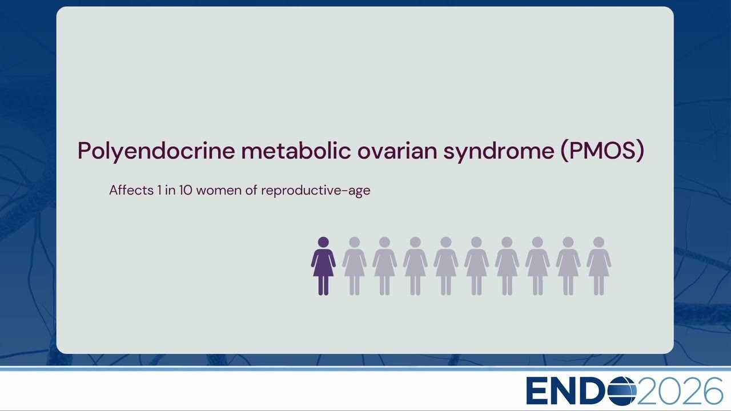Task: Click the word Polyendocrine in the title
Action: click(x=156, y=151)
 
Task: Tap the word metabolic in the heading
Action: click(x=296, y=150)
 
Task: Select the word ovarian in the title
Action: click(x=397, y=151)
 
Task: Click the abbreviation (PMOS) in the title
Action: click(x=603, y=151)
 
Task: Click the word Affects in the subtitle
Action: click(x=131, y=190)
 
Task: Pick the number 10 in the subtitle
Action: click(x=186, y=190)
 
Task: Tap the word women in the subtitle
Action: click(x=219, y=191)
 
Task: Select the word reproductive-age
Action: click(x=316, y=191)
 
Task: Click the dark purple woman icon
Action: click(x=323, y=266)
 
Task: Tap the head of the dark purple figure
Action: click(x=323, y=243)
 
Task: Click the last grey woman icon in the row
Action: click(x=599, y=266)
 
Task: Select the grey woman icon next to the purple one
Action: click(x=355, y=266)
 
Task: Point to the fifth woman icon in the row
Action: click(x=446, y=266)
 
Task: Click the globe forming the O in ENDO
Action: click(x=622, y=391)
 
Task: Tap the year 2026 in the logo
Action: click(x=680, y=391)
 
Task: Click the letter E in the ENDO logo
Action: click(x=536, y=391)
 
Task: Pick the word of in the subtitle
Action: click(x=251, y=190)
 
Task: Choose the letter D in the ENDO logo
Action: click(x=595, y=391)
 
